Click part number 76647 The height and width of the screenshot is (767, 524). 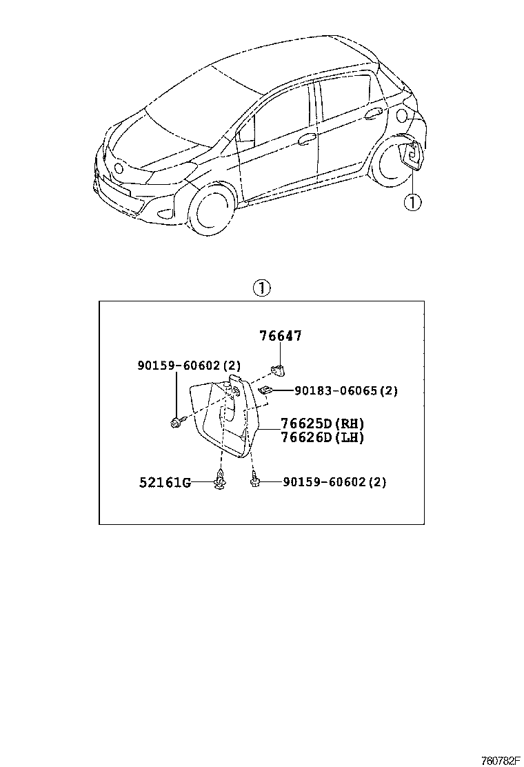pyautogui.click(x=281, y=336)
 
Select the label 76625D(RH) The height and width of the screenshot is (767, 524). pyautogui.click(x=322, y=424)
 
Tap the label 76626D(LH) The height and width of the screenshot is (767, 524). pyautogui.click(x=322, y=437)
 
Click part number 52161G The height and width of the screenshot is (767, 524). pyautogui.click(x=165, y=482)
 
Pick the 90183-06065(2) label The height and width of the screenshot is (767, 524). pyautogui.click(x=346, y=390)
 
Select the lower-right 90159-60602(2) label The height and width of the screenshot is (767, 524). pyautogui.click(x=334, y=482)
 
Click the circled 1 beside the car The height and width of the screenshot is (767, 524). pyautogui.click(x=412, y=202)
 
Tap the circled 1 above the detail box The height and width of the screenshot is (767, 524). pyautogui.click(x=262, y=288)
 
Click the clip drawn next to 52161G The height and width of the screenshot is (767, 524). pyautogui.click(x=220, y=481)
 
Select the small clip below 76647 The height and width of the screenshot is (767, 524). pyautogui.click(x=279, y=370)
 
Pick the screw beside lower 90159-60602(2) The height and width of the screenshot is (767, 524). pyautogui.click(x=255, y=480)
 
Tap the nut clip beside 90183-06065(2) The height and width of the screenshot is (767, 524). pyautogui.click(x=265, y=390)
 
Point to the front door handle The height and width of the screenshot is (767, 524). pyautogui.click(x=308, y=138)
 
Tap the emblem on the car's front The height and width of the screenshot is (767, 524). pyautogui.click(x=119, y=168)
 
